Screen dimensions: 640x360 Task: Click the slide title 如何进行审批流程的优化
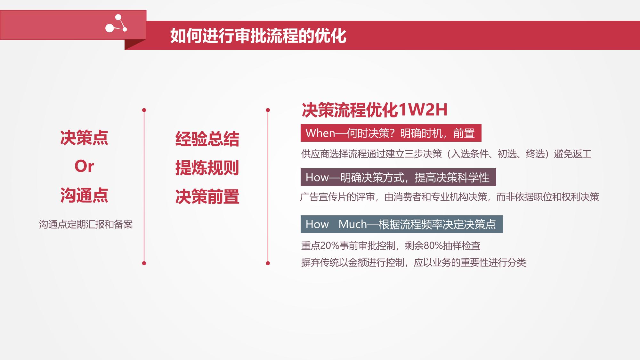pos(258,36)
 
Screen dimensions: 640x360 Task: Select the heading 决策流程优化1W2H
pos(375,110)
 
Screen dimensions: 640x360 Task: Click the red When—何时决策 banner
pos(391,133)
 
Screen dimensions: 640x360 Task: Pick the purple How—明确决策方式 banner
pos(398,177)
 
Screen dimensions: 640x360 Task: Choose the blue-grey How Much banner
pos(401,224)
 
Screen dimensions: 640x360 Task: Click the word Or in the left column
pos(84,166)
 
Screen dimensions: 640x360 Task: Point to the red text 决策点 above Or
pos(84,138)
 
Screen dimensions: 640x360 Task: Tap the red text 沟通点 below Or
pos(84,195)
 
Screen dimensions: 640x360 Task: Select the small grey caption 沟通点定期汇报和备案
pos(86,224)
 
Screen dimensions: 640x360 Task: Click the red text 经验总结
pos(207,139)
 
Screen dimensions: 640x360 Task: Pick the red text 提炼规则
pos(207,168)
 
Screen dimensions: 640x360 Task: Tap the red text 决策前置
pos(207,196)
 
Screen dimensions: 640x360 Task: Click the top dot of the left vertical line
pos(144,110)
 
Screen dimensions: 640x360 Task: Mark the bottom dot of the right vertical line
pos(268,263)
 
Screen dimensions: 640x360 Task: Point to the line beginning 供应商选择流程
pos(446,154)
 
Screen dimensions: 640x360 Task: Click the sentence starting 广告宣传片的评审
pos(450,197)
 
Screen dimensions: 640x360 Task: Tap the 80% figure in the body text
pos(433,246)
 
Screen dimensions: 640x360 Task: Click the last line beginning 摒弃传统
pos(413,263)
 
